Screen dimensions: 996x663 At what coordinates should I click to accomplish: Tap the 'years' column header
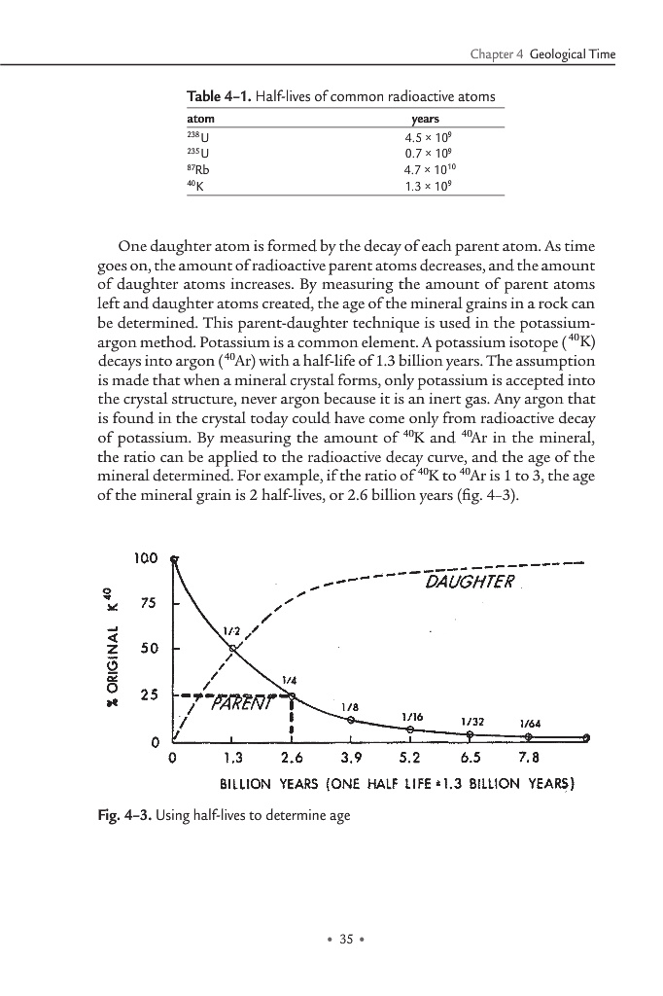pyautogui.click(x=427, y=119)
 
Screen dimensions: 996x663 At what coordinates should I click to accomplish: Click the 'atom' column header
pyautogui.click(x=198, y=119)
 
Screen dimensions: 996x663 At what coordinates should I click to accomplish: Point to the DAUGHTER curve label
pyautogui.click(x=470, y=582)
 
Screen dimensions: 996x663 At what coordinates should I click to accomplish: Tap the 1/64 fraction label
pyautogui.click(x=531, y=723)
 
